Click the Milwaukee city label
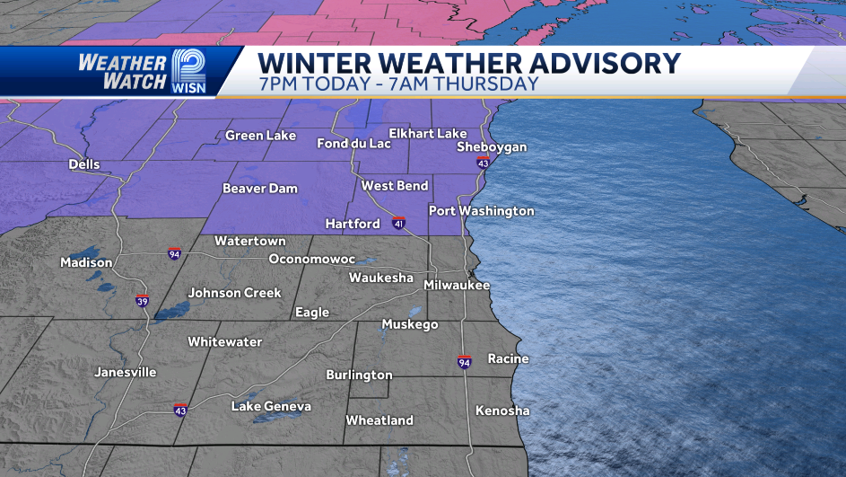pyautogui.click(x=457, y=285)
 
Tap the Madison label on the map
pyautogui.click(x=86, y=262)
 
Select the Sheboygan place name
pyautogui.click(x=491, y=146)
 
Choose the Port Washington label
pyautogui.click(x=481, y=211)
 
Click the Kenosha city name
pyautogui.click(x=502, y=411)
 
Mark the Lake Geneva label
pyautogui.click(x=271, y=406)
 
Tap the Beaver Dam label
pyautogui.click(x=259, y=189)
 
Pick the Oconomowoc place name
pyautogui.click(x=312, y=259)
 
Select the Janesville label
pyautogui.click(x=125, y=372)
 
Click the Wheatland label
pyautogui.click(x=379, y=420)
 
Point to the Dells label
pyautogui.click(x=84, y=164)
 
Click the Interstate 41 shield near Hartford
pyautogui.click(x=398, y=223)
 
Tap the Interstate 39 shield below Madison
pyautogui.click(x=142, y=300)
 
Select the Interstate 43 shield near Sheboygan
pyautogui.click(x=483, y=163)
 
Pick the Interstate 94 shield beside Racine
pyautogui.click(x=464, y=362)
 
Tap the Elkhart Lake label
pyautogui.click(x=428, y=133)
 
